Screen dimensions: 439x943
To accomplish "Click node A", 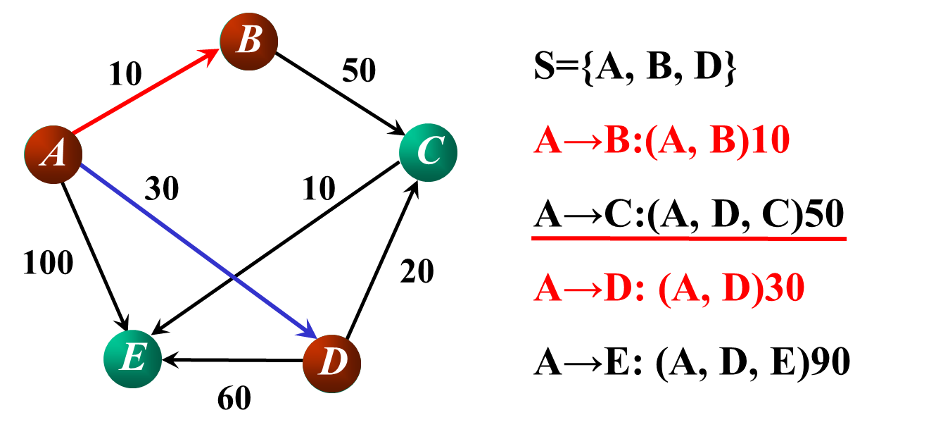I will coord(53,154).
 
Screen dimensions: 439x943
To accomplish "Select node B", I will coord(249,41).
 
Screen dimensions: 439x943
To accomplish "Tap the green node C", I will coord(428,152).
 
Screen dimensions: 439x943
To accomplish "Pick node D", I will coord(332,364).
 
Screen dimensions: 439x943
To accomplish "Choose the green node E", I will coord(132,359).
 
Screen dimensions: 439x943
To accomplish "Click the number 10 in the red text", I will coord(770,141).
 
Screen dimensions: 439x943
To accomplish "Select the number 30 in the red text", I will coord(785,289).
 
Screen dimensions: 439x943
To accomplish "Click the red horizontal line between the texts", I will coord(689,239).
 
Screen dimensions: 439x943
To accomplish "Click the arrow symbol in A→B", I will coord(583,142).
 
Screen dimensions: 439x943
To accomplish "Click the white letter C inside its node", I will coord(429,152).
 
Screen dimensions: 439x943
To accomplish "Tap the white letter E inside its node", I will coord(133,358).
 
